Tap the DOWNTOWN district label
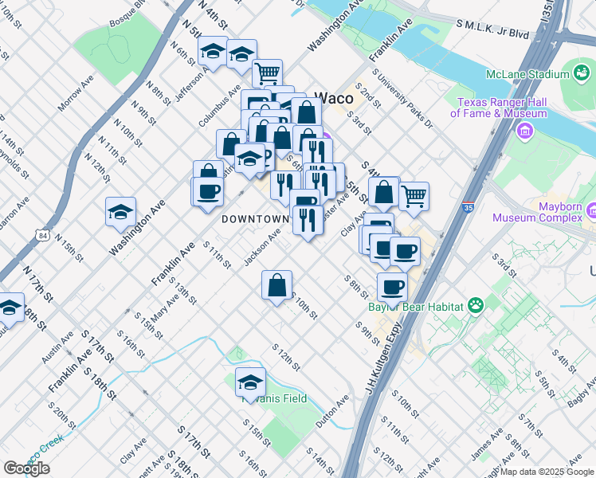[x=255, y=218]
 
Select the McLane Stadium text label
[x=527, y=75]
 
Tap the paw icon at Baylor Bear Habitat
[x=476, y=304]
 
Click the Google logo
[x=26, y=468]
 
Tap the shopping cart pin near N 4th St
[x=268, y=74]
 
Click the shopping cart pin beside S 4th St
[x=414, y=195]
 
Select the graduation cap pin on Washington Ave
[x=120, y=212]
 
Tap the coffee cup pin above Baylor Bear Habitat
[x=391, y=287]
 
